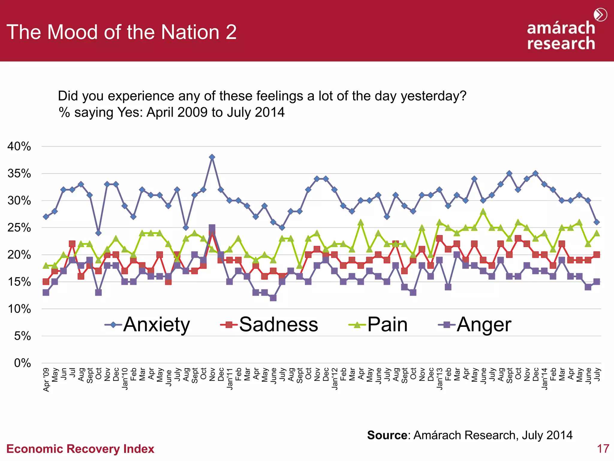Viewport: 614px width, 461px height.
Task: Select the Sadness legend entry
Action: point(269,325)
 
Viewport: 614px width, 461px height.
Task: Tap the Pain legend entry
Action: point(378,325)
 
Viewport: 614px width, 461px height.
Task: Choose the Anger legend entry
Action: point(475,325)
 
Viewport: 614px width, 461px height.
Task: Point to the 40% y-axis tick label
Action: point(19,146)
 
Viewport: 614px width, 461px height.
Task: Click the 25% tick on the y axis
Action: point(19,228)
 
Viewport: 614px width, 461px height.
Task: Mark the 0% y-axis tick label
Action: point(22,363)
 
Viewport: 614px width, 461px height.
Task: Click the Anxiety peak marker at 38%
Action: point(212,157)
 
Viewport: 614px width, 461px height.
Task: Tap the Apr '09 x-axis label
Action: point(46,380)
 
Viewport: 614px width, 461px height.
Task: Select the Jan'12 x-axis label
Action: point(335,379)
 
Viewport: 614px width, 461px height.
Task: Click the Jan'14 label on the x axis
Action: point(544,379)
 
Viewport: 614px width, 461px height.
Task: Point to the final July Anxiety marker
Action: point(597,222)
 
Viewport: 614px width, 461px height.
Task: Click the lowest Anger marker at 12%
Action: point(273,298)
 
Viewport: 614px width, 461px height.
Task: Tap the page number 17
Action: point(603,449)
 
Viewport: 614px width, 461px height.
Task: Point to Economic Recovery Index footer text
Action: point(80,449)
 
